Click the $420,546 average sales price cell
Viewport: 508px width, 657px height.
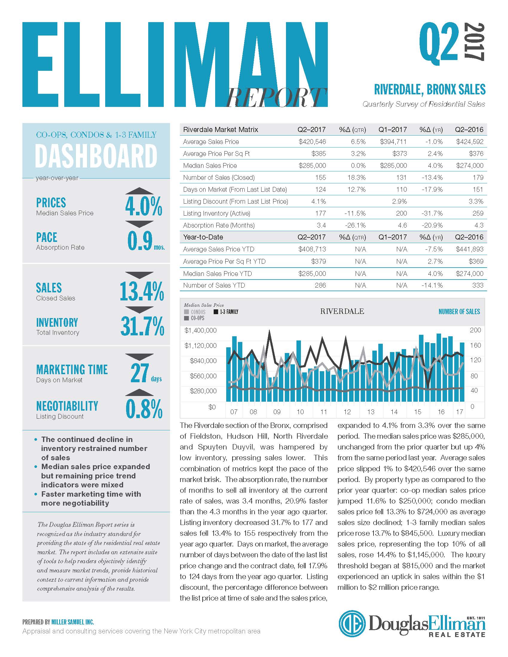pos(312,142)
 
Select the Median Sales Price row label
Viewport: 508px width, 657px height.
pos(210,165)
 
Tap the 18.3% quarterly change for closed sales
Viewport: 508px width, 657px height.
pos(356,177)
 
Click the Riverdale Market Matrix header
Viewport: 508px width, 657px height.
pos(221,130)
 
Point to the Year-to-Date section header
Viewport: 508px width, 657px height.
pos(203,237)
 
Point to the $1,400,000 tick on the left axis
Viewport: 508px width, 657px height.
pos(201,331)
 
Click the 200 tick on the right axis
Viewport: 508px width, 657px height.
pos(475,330)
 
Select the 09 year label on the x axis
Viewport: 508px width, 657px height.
pos(277,412)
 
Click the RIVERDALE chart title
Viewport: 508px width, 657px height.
pos(342,311)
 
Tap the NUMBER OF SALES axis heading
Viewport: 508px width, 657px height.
pos(459,312)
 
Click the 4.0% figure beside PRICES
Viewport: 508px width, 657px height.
pos(143,206)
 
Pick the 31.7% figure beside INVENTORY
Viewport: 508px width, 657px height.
pos(142,326)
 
